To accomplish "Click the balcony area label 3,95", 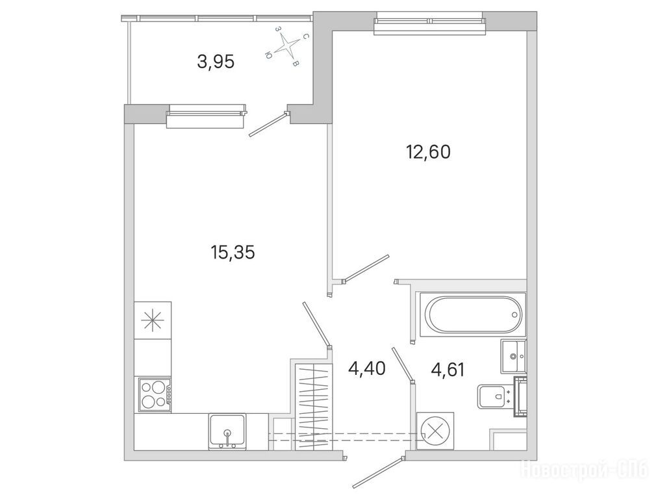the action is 215,62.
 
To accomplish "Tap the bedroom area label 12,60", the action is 428,152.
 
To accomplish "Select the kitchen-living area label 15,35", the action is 233,252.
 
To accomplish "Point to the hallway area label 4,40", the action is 367,369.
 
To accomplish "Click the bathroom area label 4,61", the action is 448,370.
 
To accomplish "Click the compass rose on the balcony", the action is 288,45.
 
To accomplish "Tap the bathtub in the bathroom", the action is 472,314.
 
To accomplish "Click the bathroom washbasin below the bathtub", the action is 513,356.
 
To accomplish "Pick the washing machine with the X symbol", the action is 436,431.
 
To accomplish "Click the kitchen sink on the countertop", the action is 227,432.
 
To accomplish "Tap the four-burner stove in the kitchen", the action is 153,394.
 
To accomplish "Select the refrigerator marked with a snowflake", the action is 153,320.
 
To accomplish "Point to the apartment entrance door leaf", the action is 377,474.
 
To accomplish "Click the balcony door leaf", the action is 268,125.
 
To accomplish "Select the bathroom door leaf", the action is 403,365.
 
